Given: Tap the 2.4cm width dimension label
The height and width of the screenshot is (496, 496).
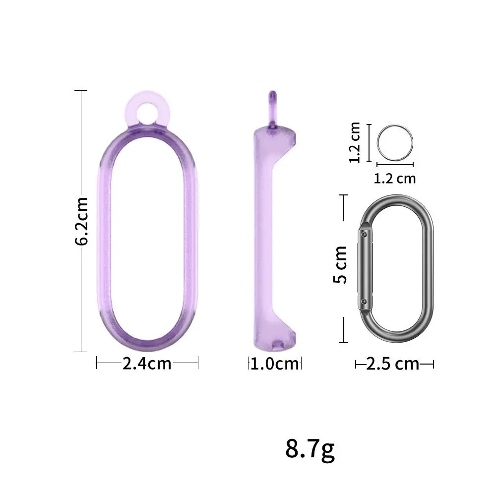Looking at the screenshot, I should tap(147, 364).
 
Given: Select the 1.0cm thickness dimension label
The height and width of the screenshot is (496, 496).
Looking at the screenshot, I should tap(275, 365).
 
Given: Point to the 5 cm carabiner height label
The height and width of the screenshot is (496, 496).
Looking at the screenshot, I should tap(341, 270).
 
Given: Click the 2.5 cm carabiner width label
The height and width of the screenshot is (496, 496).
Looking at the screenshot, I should tap(393, 365).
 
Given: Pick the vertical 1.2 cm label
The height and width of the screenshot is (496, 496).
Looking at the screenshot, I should tap(356, 143).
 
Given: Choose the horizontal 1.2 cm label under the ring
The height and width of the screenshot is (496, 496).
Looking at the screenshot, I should tap(395, 178).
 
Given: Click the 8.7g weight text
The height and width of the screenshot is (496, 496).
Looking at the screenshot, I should tap(310, 448).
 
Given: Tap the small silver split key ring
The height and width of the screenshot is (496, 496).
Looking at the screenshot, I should tap(395, 142).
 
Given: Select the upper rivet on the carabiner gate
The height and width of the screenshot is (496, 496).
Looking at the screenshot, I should tap(365, 232).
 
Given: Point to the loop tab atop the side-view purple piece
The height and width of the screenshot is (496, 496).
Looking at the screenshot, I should tap(272, 107).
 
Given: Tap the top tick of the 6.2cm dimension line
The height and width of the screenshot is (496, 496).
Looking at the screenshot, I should tap(81, 91).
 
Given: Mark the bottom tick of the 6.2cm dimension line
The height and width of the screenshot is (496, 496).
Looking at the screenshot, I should tap(81, 352).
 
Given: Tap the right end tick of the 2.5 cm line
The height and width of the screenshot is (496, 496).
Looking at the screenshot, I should tap(434, 365).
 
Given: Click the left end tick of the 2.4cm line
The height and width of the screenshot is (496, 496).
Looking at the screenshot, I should tap(96, 364).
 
